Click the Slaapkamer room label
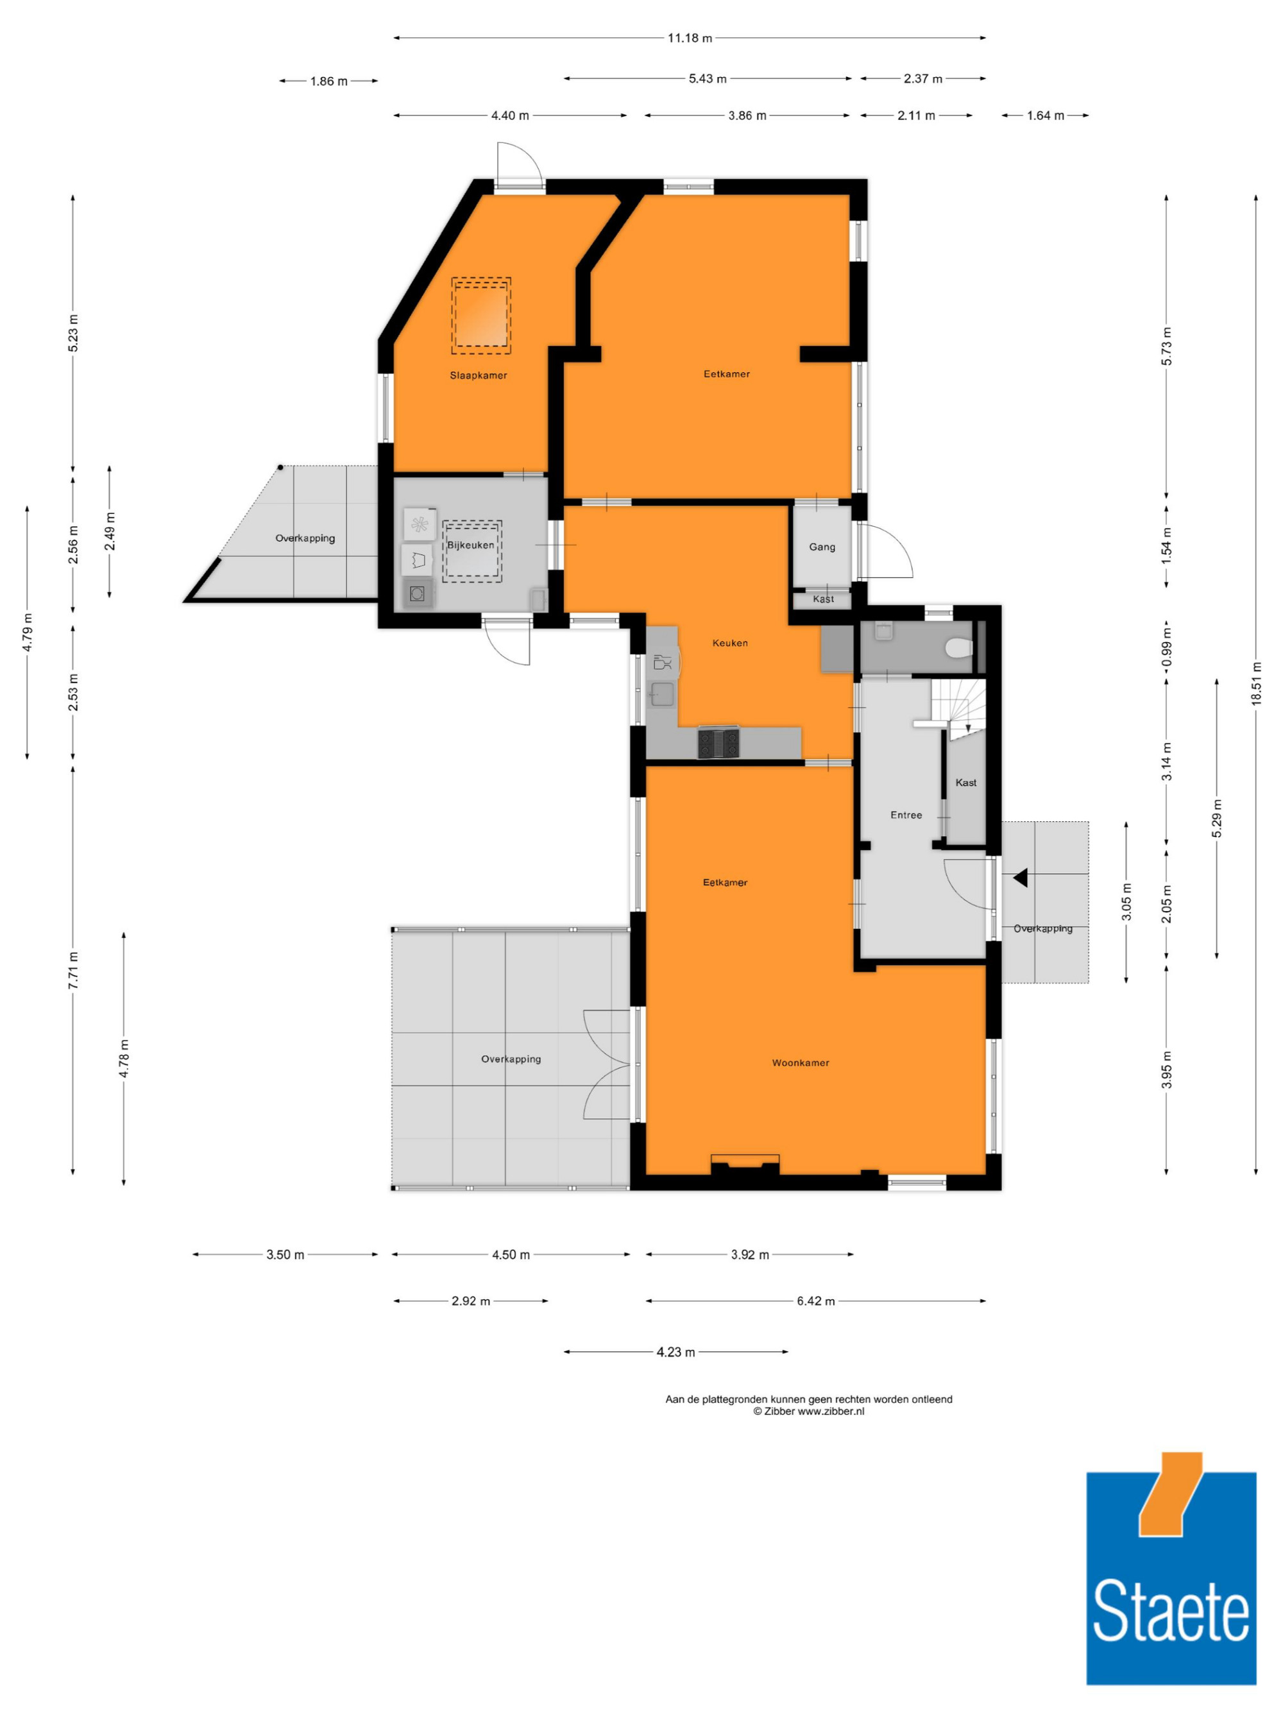479,375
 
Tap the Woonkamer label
801,1063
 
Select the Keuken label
730,643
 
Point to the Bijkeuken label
470,545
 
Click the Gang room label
822,547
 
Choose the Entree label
906,815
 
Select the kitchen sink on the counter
662,694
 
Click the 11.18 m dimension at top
690,38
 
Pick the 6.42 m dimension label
816,1301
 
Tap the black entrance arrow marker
1020,877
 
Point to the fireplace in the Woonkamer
745,1163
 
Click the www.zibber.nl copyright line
809,1411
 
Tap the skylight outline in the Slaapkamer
481,316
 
